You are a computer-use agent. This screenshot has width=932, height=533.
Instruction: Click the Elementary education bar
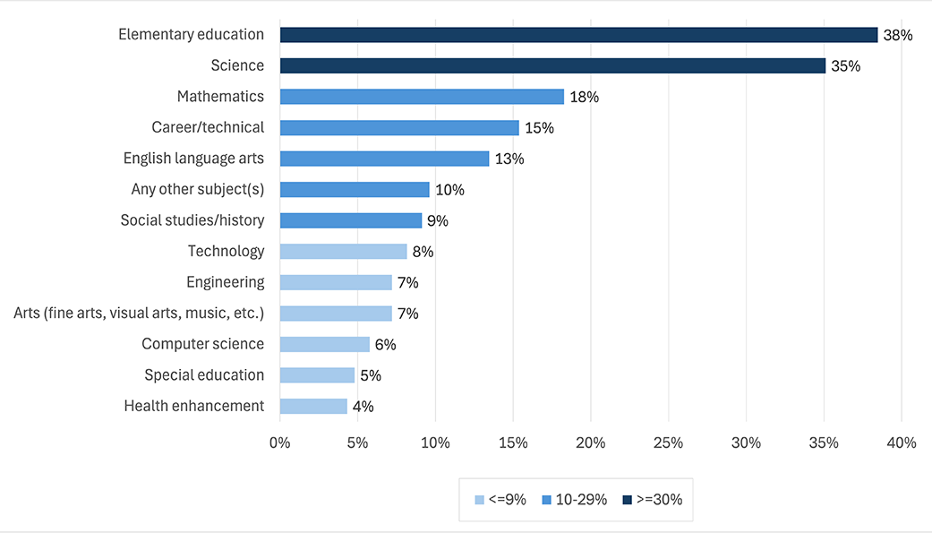tap(578, 35)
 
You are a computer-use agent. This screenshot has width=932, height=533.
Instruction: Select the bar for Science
tap(552, 66)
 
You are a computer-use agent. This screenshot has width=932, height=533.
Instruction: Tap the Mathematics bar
tap(422, 97)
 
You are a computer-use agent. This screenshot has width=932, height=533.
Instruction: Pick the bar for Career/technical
tap(399, 128)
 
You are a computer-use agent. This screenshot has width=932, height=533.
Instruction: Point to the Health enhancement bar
tap(313, 407)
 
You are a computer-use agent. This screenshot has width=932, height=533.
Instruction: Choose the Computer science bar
tap(324, 345)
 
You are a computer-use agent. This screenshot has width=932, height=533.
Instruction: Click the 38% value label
tap(897, 36)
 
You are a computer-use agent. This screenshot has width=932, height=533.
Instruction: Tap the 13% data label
tap(509, 159)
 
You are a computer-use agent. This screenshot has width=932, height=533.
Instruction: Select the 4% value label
tap(363, 407)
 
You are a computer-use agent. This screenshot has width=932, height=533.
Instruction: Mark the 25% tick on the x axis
tap(668, 443)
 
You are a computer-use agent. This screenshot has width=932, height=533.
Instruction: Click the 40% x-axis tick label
tap(901, 443)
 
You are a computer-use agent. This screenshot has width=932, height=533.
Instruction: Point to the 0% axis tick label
tap(280, 443)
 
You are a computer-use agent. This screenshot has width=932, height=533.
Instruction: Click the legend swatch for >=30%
tap(627, 499)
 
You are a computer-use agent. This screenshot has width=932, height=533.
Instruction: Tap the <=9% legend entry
tap(504, 499)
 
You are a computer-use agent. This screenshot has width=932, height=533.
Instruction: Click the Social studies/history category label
tap(192, 220)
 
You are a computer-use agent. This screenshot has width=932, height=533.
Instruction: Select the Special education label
tap(204, 375)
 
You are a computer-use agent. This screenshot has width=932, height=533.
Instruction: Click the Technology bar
tap(343, 252)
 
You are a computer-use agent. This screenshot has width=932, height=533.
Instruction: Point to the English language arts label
tap(193, 159)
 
